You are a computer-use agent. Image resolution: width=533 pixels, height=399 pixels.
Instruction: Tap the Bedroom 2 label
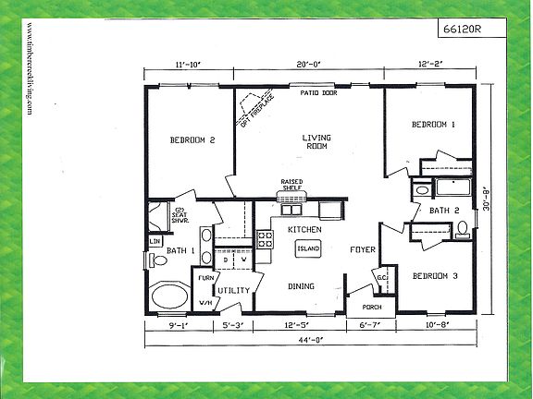coord(192,140)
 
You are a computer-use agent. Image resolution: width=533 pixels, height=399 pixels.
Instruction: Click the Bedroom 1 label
coord(434,125)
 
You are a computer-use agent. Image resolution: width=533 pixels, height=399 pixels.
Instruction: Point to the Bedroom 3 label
coord(434,276)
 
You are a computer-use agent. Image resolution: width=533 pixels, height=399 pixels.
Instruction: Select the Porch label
coord(371,308)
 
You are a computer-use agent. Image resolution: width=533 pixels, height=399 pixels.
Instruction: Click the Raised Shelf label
coord(292,185)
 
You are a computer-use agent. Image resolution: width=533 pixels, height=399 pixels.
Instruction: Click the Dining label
coord(303,286)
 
